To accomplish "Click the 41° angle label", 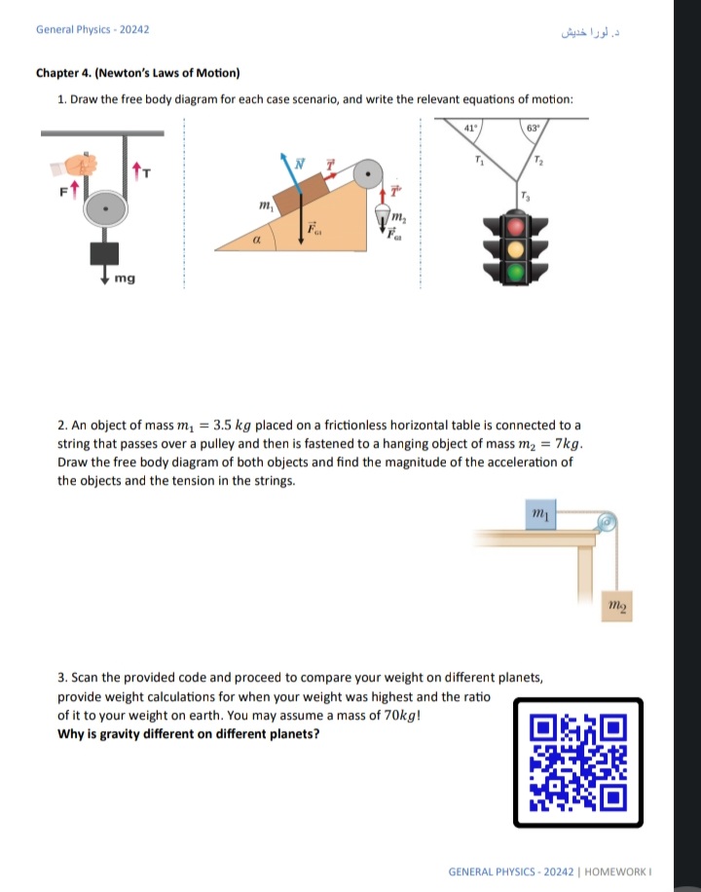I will point(468,128).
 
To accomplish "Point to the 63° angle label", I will point(533,128).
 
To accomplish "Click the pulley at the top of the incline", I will point(368,175).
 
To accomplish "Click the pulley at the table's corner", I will point(606,523).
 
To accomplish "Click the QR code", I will point(577,762).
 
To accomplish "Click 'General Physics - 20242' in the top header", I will point(92,29).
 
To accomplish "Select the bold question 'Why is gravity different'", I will point(187,733).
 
